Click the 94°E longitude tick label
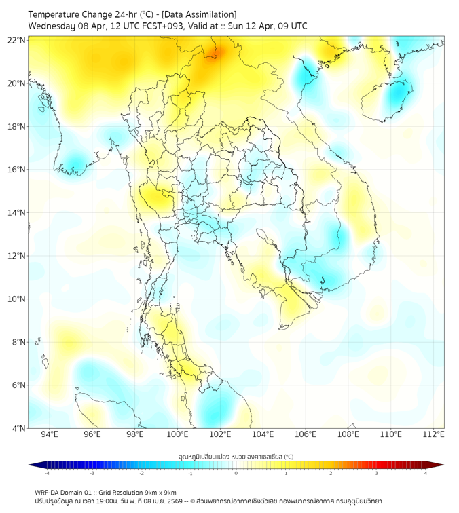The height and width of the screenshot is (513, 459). tap(50, 434)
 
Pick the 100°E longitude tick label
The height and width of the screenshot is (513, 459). tap(177, 434)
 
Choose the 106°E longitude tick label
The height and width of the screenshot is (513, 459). tap(306, 434)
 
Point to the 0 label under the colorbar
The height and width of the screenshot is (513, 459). tap(236, 473)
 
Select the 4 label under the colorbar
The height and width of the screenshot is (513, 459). tap(426, 473)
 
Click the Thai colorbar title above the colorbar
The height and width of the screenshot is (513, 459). tap(236, 457)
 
